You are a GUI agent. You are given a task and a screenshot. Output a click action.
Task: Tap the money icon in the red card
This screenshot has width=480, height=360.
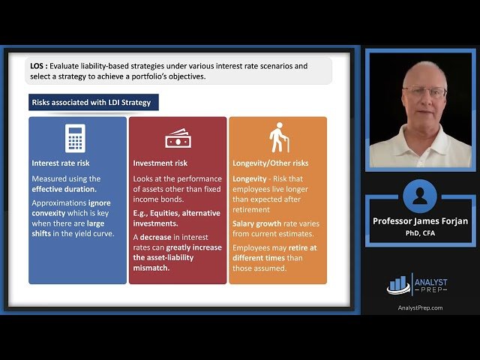tap(177, 138)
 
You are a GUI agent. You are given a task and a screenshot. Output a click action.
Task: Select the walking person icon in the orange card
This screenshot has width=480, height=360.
tap(279, 137)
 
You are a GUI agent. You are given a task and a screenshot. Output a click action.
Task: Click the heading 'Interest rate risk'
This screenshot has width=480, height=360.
tap(61, 163)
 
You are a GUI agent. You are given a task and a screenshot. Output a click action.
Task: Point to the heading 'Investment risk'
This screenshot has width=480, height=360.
tap(160, 163)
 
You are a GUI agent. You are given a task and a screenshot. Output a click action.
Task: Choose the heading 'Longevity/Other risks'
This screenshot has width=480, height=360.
tap(270, 163)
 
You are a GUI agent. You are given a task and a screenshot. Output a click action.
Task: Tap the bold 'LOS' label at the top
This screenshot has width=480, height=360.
tap(38, 66)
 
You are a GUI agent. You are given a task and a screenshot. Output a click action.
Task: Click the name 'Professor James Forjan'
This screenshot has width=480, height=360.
tap(419, 221)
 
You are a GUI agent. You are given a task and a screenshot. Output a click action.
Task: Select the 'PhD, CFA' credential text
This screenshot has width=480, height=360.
tap(419, 232)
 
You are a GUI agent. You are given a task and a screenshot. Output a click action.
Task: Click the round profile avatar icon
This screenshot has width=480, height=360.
tap(419, 196)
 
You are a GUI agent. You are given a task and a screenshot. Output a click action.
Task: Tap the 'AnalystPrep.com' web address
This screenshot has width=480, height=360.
tap(419, 307)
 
